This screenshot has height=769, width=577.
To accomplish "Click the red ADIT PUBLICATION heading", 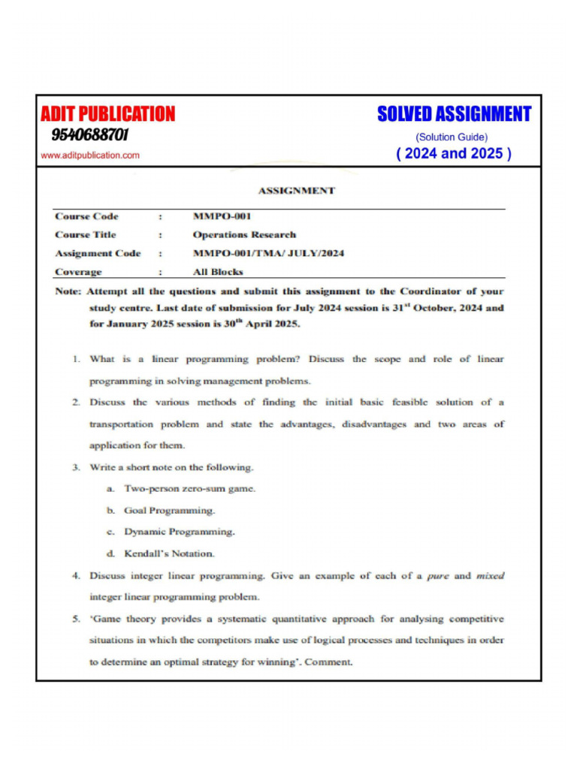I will click(x=107, y=114).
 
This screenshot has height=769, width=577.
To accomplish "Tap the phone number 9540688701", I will click(x=90, y=135).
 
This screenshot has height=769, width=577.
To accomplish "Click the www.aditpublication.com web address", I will click(x=90, y=155).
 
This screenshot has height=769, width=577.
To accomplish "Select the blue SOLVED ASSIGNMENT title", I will click(x=454, y=114).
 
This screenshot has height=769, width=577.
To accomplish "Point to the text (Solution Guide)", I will click(x=452, y=137).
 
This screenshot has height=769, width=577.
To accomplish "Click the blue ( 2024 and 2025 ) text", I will click(x=454, y=154).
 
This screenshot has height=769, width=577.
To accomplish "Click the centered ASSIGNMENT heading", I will click(x=296, y=191).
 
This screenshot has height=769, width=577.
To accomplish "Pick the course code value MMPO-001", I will click(x=222, y=216).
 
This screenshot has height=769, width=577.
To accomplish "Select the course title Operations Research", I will click(x=244, y=234).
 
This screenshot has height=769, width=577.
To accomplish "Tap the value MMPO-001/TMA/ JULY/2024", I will click(x=268, y=253).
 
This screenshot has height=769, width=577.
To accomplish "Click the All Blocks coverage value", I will click(x=218, y=272).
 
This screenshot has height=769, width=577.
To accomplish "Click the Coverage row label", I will click(x=78, y=272).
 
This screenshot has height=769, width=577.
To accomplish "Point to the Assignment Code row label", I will click(x=98, y=253).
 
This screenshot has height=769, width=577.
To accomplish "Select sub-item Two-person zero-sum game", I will click(x=189, y=489).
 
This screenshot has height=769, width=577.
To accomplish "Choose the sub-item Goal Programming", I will click(x=169, y=511).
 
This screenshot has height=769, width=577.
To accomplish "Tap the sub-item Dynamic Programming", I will click(x=179, y=532).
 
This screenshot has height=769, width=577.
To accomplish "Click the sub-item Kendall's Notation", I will click(x=169, y=553).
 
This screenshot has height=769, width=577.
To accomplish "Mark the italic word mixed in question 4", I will click(x=491, y=576).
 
